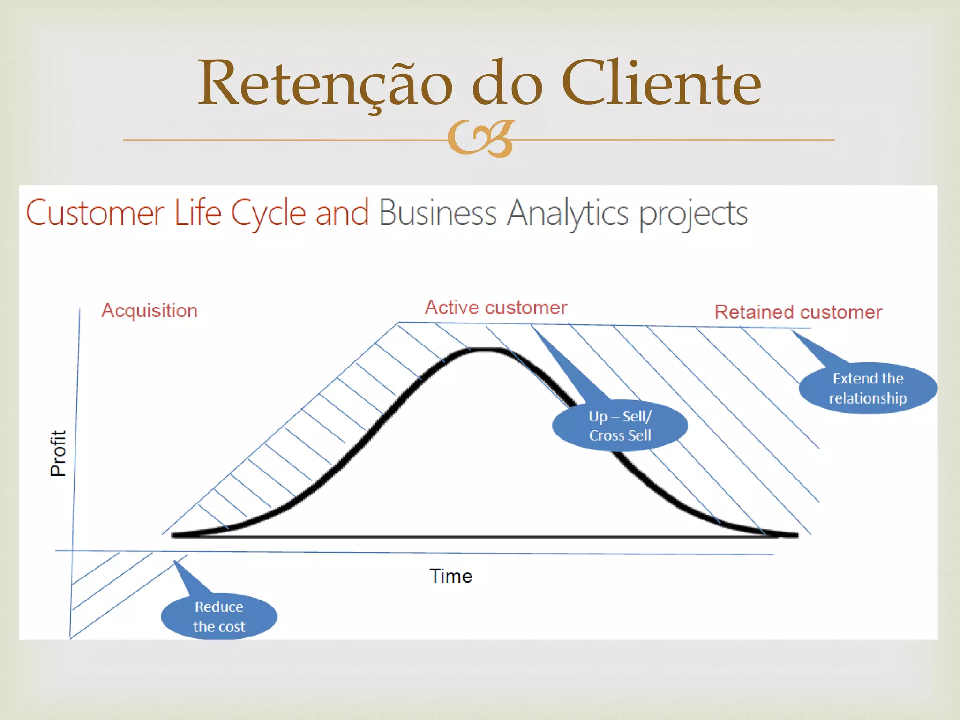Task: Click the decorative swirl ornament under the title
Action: point(481,139)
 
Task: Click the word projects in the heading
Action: point(693,215)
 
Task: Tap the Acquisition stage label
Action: point(150,311)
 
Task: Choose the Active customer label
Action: point(496,307)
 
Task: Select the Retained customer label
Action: point(798,312)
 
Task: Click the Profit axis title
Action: point(58,453)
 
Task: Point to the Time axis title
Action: point(451,576)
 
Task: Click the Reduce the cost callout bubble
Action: point(219,616)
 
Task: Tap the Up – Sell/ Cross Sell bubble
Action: point(620,426)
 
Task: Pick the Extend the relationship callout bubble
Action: point(868,388)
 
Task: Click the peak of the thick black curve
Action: point(485,350)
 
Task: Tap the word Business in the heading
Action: point(437,213)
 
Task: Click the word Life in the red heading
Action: point(197,213)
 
